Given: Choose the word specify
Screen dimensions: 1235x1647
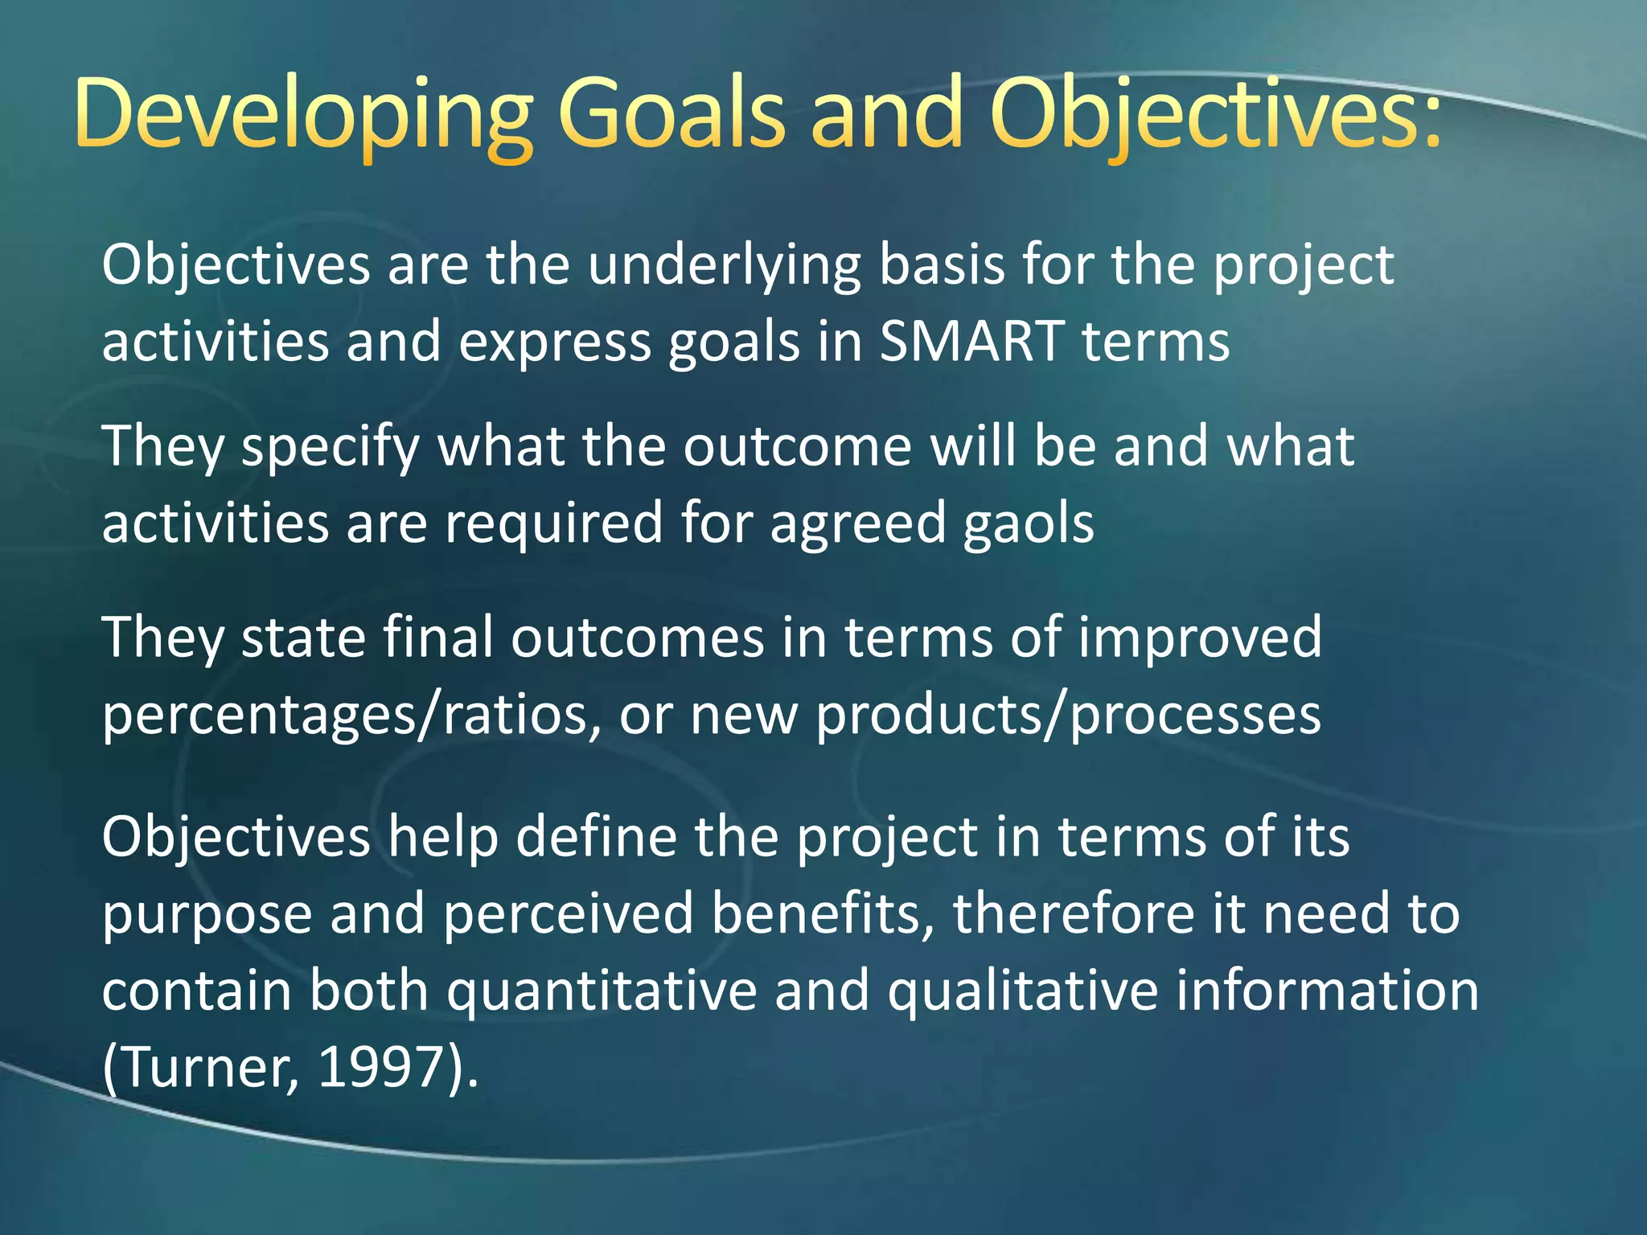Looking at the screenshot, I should tap(331, 447).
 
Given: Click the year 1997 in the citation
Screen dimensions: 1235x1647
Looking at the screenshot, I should tap(382, 1068).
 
